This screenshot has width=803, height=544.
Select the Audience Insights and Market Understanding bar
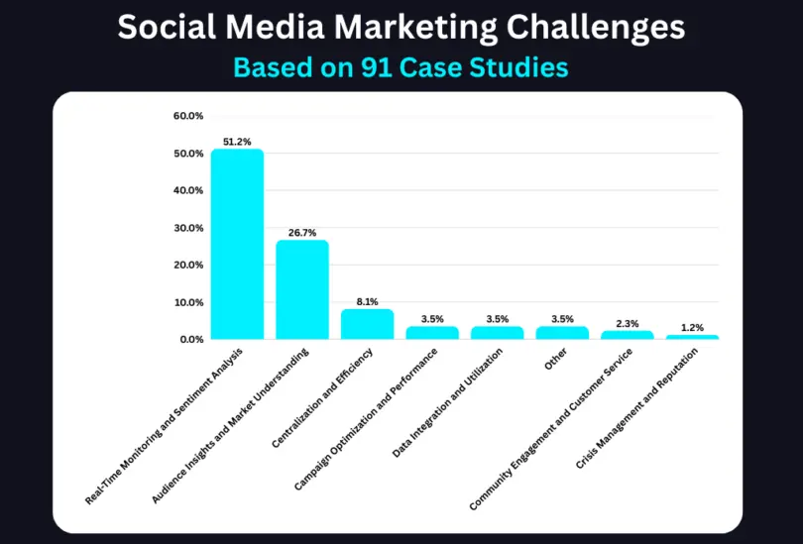302,289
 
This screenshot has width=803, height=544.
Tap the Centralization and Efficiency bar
367,324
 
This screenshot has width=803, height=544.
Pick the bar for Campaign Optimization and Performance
432,333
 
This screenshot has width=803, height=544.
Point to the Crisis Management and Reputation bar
692,337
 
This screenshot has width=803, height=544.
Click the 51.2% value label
237,142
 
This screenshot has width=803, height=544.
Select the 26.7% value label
302,233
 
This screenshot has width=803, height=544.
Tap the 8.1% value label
367,301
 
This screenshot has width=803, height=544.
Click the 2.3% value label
627,323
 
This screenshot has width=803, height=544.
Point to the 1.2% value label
692,327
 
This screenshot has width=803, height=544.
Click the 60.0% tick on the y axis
187,116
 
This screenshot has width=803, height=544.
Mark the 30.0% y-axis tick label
187,228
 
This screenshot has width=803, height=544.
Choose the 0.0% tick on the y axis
189,339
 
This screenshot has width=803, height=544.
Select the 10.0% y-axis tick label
187,302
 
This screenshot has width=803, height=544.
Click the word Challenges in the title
585,27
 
